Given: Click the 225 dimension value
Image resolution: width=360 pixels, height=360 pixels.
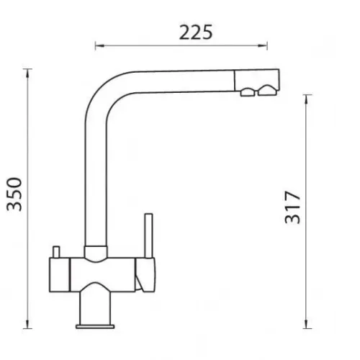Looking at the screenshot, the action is point(196,32).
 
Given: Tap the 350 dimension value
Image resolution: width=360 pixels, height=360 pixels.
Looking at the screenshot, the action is point(14,194).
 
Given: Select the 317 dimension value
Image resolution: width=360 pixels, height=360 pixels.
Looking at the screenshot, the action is point(292,207).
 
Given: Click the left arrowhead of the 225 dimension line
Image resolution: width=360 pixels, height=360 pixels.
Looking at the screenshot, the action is point(99,45).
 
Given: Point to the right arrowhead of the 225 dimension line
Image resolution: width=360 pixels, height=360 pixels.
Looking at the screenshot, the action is point(263,45).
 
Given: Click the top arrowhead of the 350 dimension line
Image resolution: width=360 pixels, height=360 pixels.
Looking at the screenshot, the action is point(27,73).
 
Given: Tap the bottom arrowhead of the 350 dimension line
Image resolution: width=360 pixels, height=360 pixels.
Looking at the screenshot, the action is point(27,324).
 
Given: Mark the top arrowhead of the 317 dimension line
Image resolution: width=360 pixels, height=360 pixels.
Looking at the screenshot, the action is point(306,99).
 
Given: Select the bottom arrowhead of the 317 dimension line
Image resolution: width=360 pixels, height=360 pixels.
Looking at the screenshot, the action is point(306,324).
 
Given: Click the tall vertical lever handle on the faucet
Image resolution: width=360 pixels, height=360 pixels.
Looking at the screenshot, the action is point(148,235).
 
